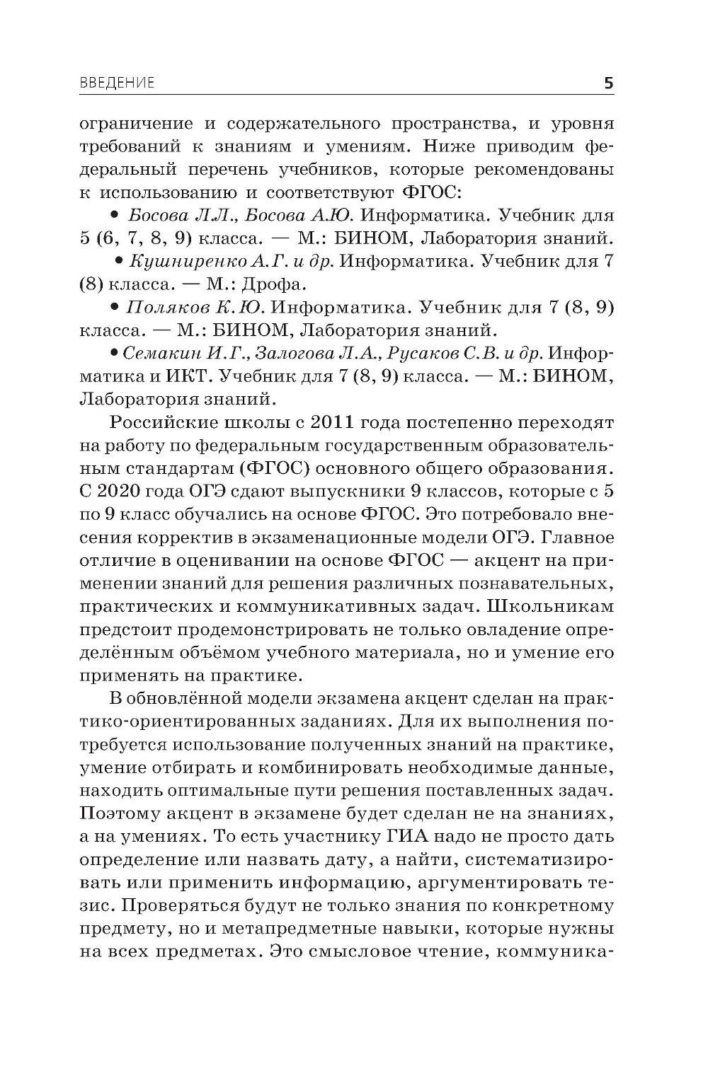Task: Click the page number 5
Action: pyautogui.click(x=608, y=83)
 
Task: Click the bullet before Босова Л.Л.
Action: pyautogui.click(x=114, y=215)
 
